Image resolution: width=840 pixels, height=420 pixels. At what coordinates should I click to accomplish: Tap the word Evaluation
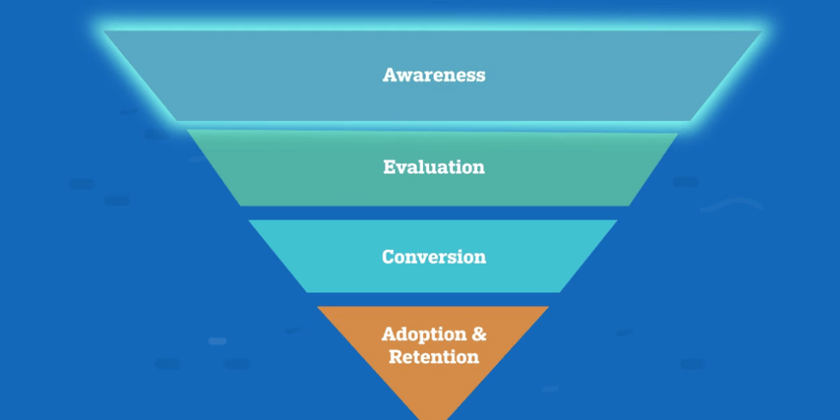[433, 167]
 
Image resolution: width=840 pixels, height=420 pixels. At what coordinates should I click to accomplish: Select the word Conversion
[433, 257]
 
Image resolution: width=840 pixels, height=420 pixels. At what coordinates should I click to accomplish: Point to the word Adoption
[422, 334]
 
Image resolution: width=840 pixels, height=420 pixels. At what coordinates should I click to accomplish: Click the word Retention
[433, 356]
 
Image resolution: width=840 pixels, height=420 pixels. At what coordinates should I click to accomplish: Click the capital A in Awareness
[389, 75]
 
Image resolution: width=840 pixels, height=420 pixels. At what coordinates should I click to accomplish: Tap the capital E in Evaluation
[389, 167]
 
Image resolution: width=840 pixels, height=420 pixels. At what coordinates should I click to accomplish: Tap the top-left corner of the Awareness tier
[106, 32]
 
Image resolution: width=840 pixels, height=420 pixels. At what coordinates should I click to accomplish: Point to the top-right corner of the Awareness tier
[761, 32]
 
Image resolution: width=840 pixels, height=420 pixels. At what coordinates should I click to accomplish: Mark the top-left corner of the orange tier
[317, 307]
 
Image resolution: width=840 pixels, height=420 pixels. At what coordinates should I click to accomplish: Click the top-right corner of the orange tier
[549, 307]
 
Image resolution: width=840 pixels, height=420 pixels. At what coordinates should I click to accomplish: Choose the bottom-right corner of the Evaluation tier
[629, 205]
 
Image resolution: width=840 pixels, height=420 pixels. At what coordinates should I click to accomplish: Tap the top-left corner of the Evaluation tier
[187, 131]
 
